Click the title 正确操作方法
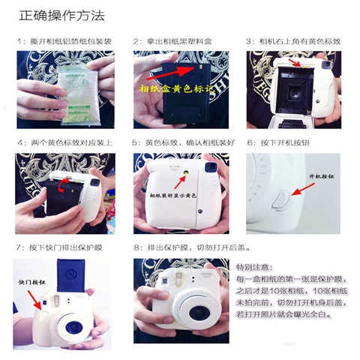(61, 15)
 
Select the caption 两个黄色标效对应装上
(63, 142)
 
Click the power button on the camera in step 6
(279, 199)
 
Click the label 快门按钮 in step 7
(31, 282)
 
